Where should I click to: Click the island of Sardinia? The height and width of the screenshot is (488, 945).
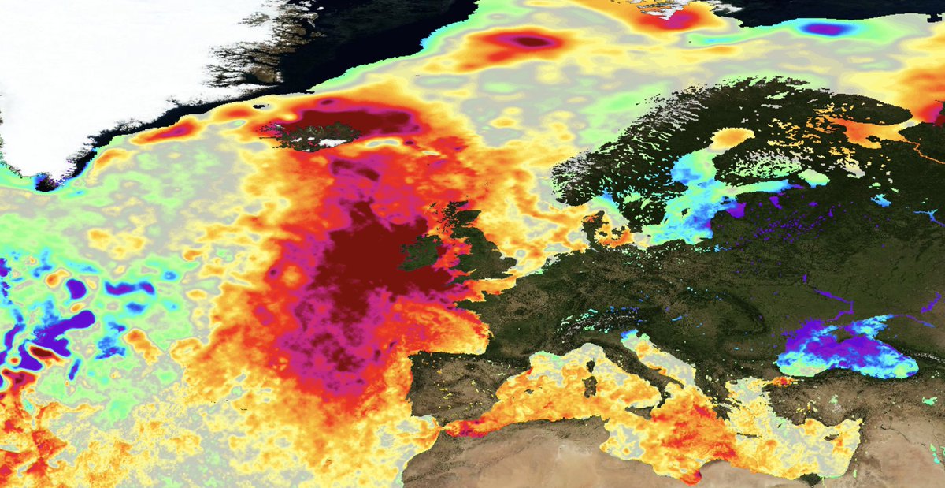coord(590,386)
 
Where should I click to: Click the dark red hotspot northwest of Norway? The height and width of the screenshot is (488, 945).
coord(532,41)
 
